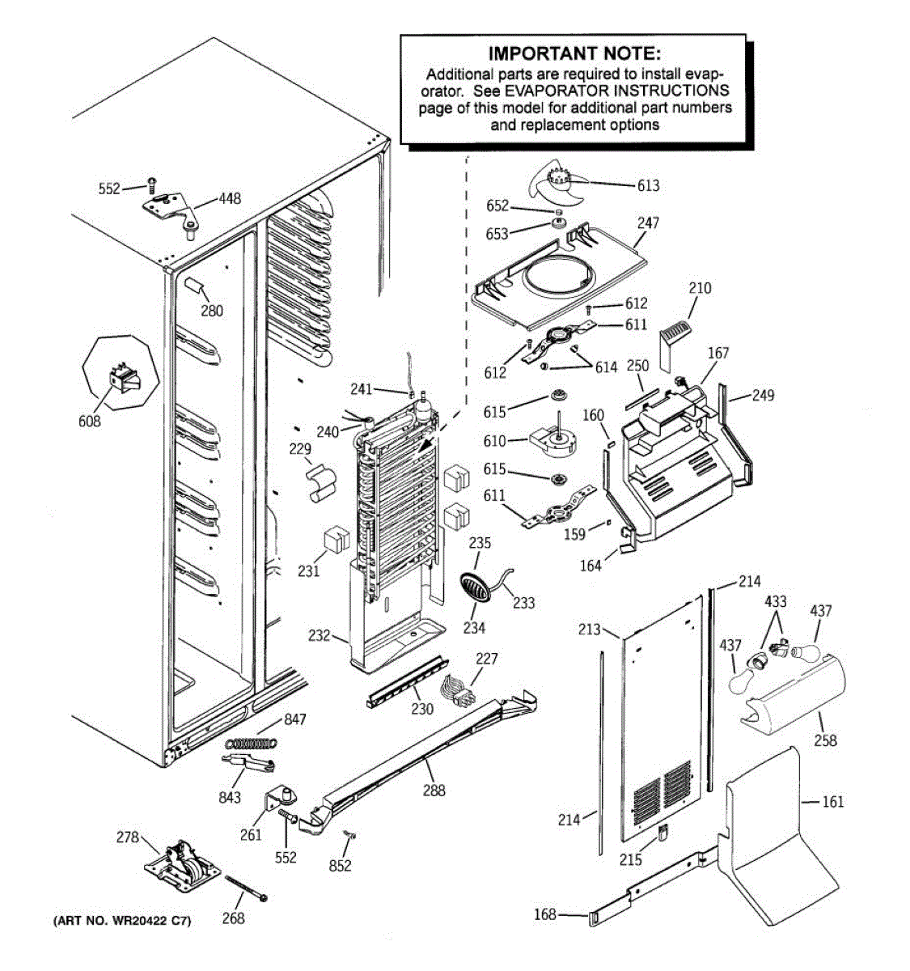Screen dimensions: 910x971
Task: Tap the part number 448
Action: pos(230,198)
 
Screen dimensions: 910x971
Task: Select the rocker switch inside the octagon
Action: pos(125,378)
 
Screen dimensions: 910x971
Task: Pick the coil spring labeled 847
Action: pos(251,743)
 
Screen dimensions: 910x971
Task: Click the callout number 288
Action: pos(434,790)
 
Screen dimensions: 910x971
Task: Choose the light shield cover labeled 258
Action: pos(792,698)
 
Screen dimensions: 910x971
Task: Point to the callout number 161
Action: pos(832,801)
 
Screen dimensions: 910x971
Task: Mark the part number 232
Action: pos(320,635)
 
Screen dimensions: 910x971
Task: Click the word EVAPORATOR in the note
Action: pos(557,91)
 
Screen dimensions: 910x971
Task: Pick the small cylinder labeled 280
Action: pos(193,285)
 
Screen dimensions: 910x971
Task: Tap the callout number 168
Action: pos(544,914)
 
